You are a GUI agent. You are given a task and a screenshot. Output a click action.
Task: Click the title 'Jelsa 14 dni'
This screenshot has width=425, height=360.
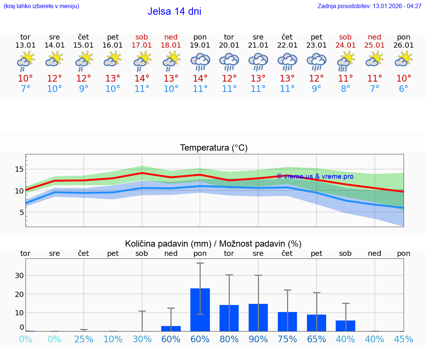(174, 11)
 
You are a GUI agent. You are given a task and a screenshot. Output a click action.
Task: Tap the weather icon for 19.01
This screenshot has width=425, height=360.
(200, 62)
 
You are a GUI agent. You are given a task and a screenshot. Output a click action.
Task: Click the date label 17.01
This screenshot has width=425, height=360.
(142, 45)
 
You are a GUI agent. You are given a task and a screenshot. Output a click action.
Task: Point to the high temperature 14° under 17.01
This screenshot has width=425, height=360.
(142, 79)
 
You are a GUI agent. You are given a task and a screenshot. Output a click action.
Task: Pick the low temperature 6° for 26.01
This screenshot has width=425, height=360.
(404, 89)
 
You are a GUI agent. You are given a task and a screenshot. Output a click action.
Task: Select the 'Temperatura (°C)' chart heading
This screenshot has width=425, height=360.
(214, 148)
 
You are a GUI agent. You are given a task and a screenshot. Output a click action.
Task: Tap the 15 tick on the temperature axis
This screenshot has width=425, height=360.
(19, 169)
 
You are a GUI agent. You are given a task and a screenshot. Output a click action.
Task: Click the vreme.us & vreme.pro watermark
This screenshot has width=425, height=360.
(315, 176)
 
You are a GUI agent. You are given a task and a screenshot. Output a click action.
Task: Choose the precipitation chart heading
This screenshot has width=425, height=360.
(213, 244)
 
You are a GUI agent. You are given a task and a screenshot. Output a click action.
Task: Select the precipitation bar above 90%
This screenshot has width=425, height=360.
(258, 317)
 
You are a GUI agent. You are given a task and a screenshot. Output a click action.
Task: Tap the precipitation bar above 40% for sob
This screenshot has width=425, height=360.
(346, 326)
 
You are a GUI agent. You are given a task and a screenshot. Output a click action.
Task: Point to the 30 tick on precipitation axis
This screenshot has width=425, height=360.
(19, 276)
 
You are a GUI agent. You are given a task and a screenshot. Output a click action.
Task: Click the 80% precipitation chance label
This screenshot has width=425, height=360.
(229, 339)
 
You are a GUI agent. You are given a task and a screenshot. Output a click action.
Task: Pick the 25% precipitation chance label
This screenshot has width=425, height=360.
(84, 339)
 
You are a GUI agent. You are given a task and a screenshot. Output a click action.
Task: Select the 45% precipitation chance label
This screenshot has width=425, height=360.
(404, 339)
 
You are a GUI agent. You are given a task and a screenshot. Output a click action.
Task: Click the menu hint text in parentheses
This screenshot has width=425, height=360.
(41, 6)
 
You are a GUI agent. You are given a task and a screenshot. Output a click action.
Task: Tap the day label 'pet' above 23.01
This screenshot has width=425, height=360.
(317, 37)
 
